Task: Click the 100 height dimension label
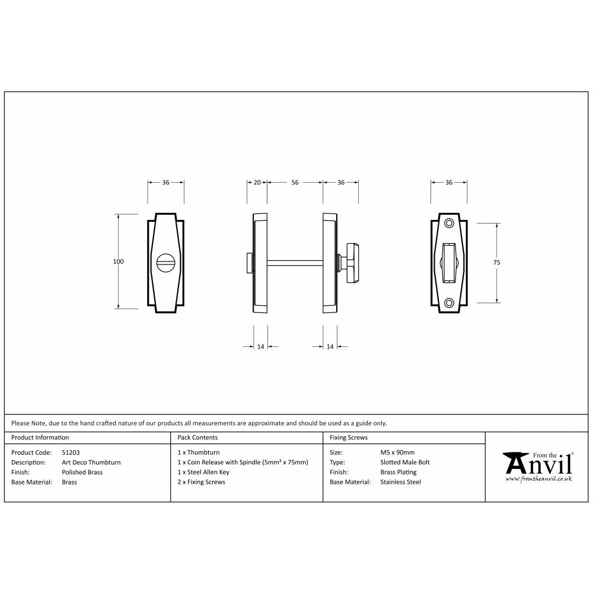(119, 262)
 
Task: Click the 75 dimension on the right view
(496, 262)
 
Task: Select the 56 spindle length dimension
(295, 183)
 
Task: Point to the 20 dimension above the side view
(257, 183)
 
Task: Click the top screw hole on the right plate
(449, 223)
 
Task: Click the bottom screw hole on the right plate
(449, 302)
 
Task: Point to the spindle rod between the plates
(295, 262)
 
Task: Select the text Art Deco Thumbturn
(91, 463)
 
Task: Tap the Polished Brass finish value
(82, 473)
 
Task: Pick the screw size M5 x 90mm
(397, 452)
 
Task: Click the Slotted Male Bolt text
(405, 463)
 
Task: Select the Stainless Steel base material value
(400, 483)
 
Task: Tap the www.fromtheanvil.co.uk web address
(538, 479)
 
